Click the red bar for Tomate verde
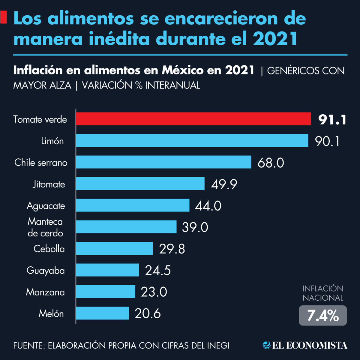coord(193,119)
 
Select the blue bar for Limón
coord(192,140)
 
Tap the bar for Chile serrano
coord(163,162)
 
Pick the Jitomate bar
coord(140,184)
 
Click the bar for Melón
coord(102,313)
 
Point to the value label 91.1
coord(332,120)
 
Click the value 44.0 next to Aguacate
coord(208,206)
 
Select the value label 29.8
coord(172,249)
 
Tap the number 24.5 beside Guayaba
coord(158,271)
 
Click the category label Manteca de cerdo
coord(45,227)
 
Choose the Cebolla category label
coord(49,249)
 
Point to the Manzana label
coord(45,292)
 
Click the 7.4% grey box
coord(323,316)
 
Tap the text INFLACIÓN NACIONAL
coord(323,293)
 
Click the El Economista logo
coord(305,345)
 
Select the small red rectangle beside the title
coord(3,17)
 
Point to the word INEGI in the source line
coord(218,346)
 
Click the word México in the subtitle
coord(183,70)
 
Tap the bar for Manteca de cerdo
coord(126,227)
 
